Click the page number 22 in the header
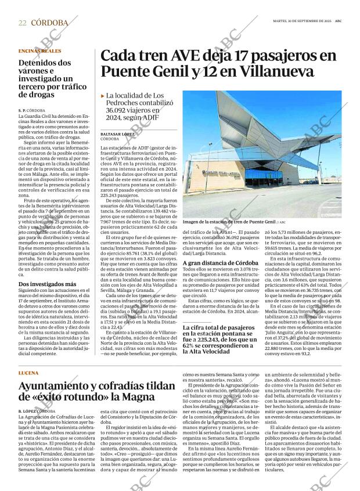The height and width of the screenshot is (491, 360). (x=22, y=23)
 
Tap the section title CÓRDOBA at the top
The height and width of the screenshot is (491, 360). (x=49, y=23)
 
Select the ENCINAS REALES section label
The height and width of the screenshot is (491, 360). (x=39, y=51)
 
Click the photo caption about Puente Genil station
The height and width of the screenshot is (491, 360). (x=229, y=222)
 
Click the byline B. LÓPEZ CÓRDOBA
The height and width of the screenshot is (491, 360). (x=37, y=411)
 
